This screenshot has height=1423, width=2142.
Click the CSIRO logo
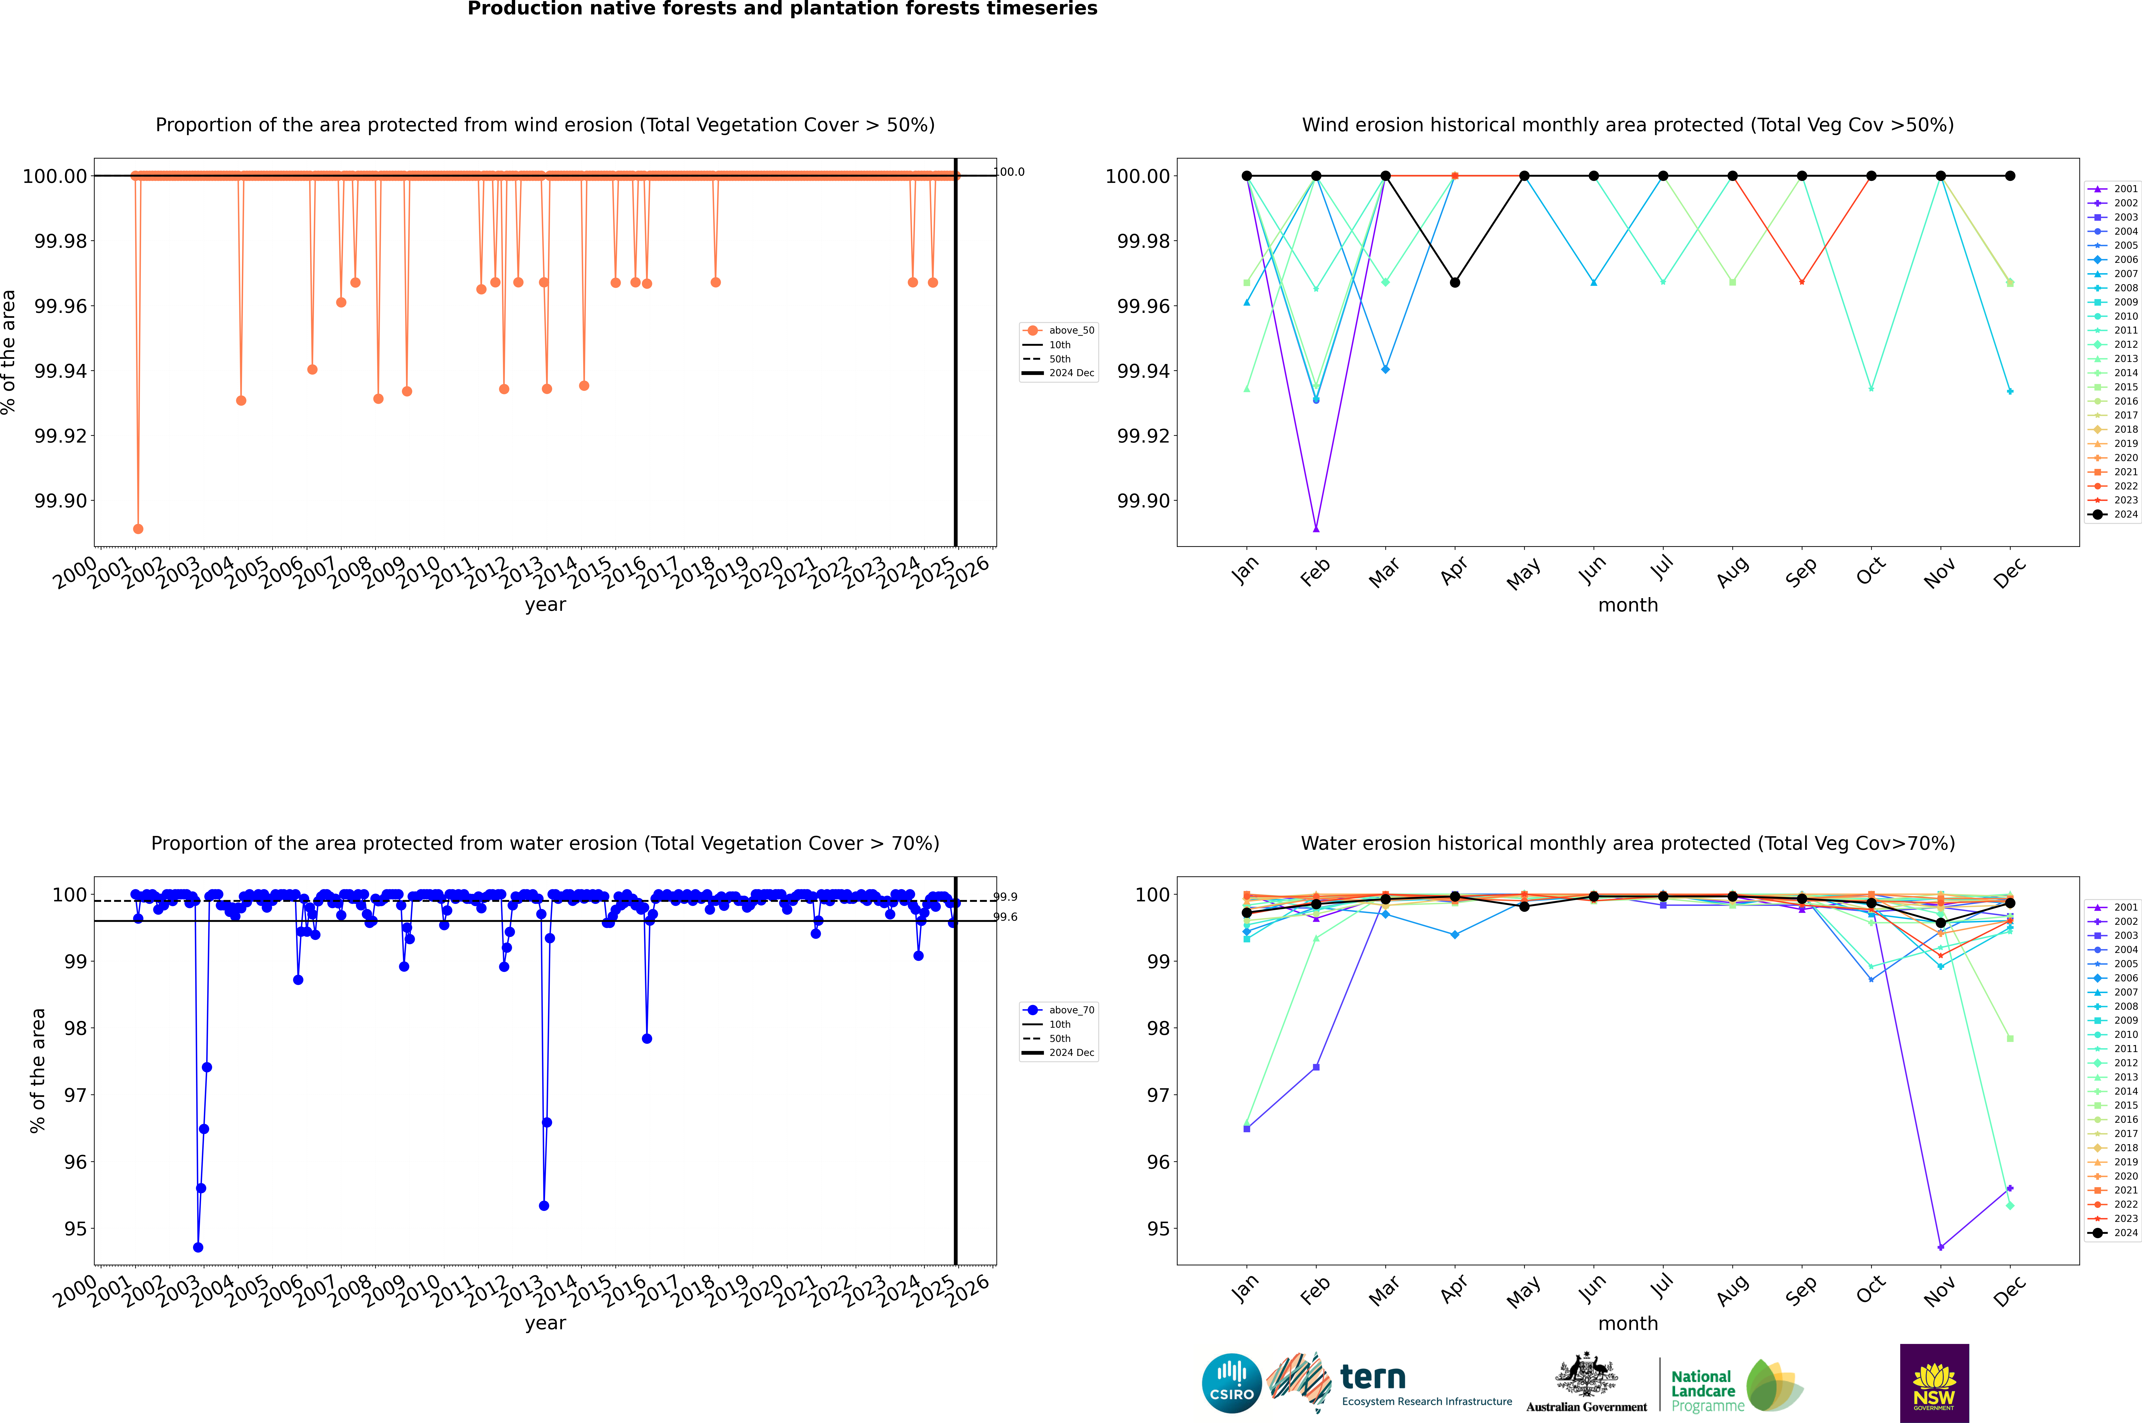click(x=1231, y=1383)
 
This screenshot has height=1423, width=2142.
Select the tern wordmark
click(x=1373, y=1378)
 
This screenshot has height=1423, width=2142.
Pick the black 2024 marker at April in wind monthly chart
click(x=1455, y=282)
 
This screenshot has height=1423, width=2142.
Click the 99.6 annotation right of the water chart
click(x=1005, y=917)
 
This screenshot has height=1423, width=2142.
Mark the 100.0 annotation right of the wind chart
click(x=1010, y=172)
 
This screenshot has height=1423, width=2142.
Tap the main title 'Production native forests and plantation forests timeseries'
click(x=782, y=9)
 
